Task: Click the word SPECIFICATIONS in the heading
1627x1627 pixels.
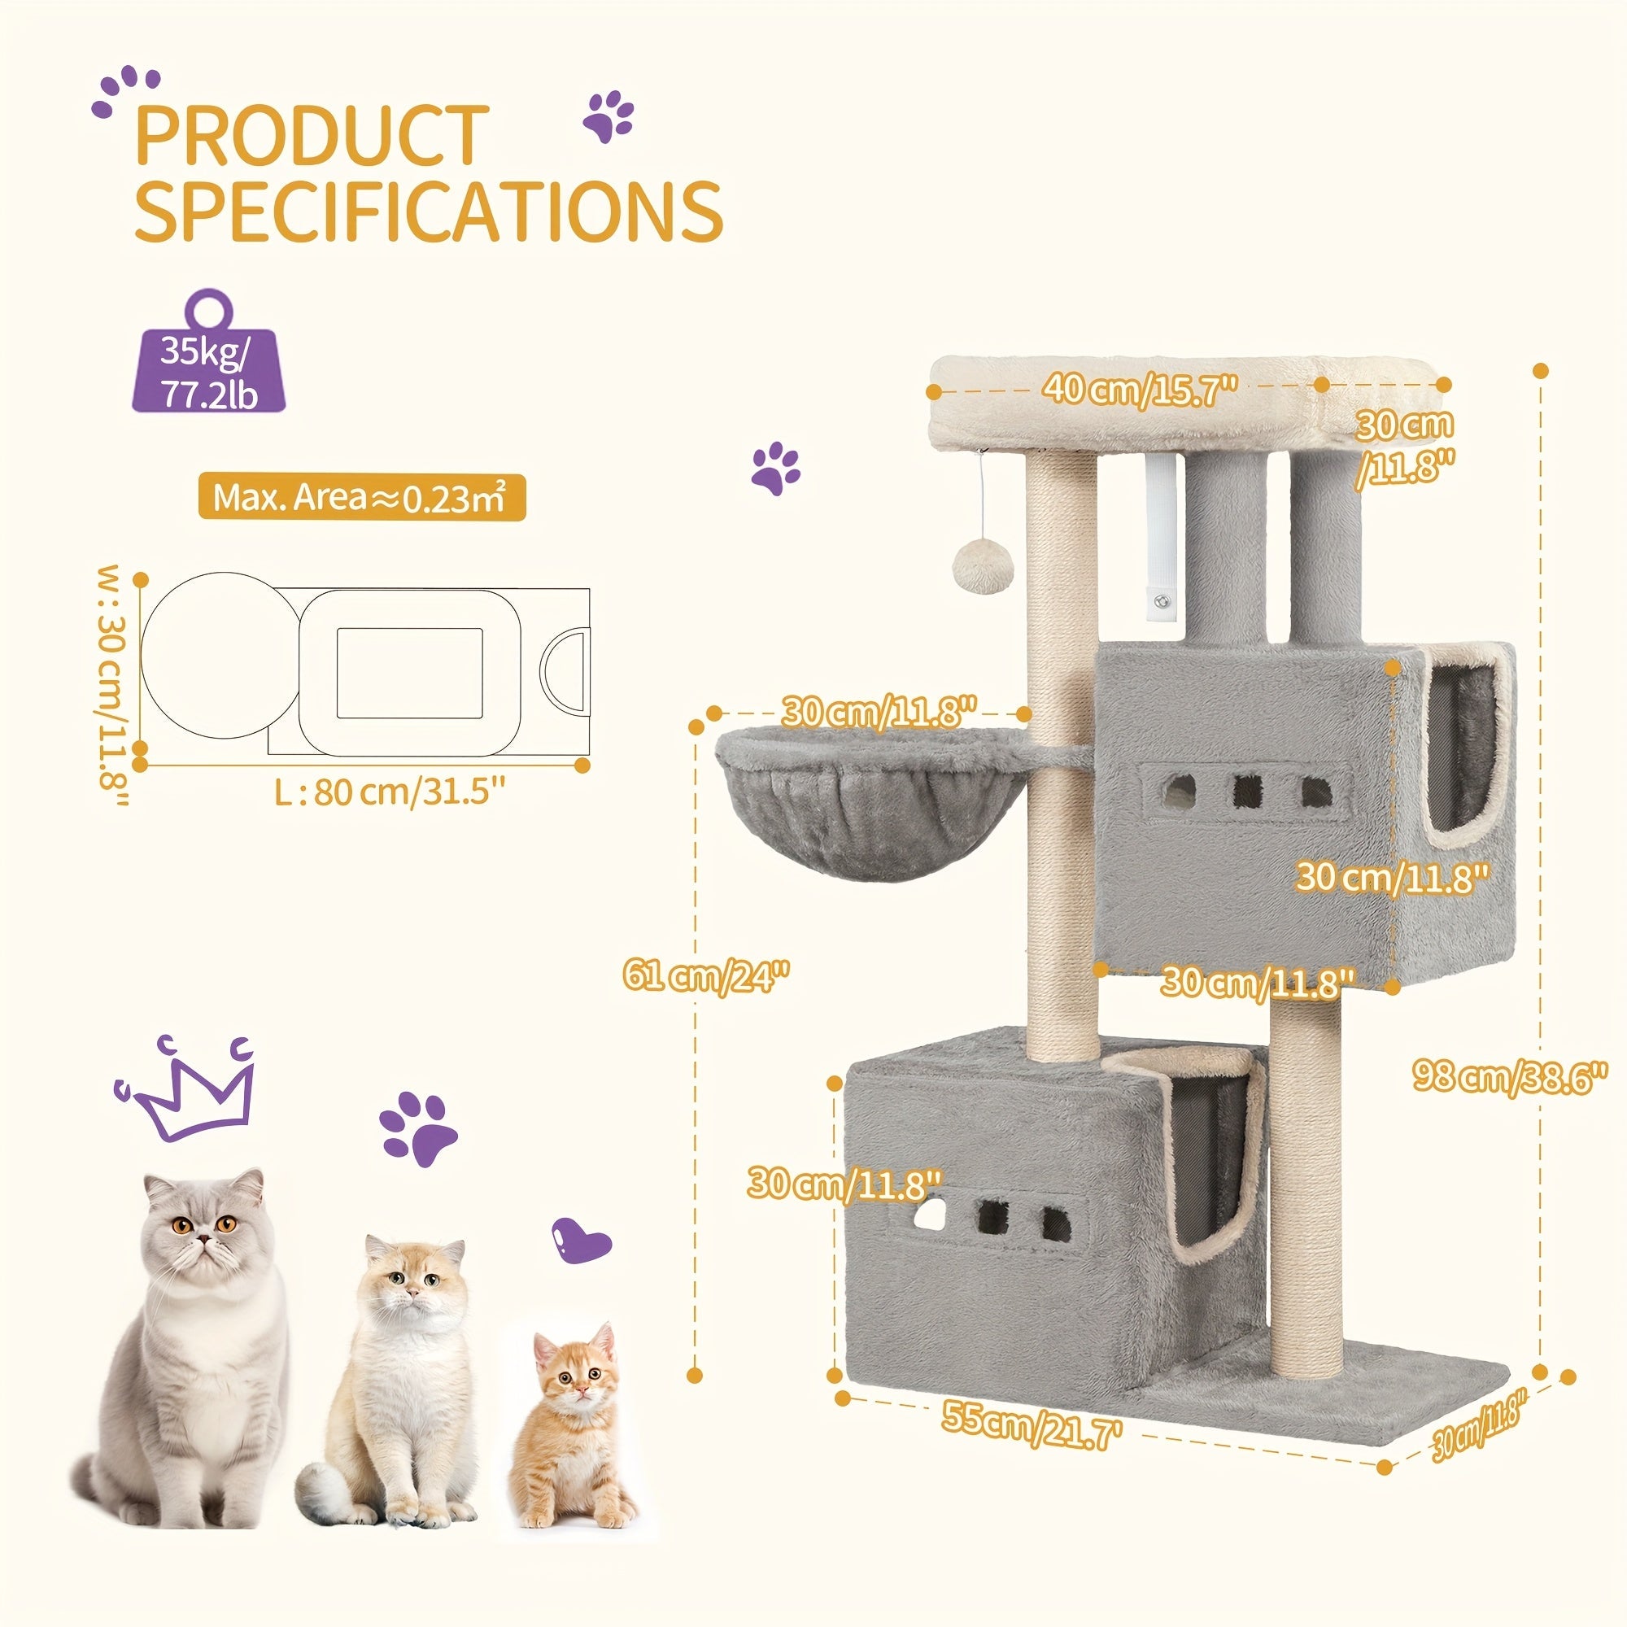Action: point(429,210)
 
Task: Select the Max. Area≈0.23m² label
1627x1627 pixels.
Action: point(361,498)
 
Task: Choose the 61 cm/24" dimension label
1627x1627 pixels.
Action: point(705,978)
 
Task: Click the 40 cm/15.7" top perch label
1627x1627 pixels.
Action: point(1141,390)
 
